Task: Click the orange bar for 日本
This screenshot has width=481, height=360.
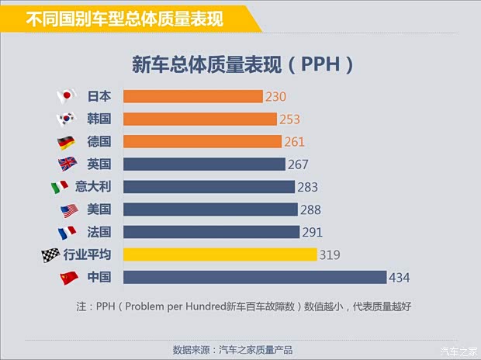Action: pyautogui.click(x=192, y=96)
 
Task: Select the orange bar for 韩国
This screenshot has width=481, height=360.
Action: pyautogui.click(x=199, y=119)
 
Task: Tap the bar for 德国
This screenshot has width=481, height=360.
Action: pyautogui.click(x=202, y=141)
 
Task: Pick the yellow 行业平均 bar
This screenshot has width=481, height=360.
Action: pyautogui.click(x=220, y=254)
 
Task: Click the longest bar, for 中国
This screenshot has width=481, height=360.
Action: pyautogui.click(x=254, y=277)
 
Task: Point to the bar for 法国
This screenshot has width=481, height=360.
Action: pyautogui.click(x=211, y=232)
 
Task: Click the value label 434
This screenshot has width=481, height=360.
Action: pyautogui.click(x=400, y=278)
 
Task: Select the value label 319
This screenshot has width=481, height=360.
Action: pyautogui.click(x=330, y=254)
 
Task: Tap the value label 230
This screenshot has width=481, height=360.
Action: pyautogui.click(x=276, y=97)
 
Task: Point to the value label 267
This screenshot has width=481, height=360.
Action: pyautogui.click(x=298, y=164)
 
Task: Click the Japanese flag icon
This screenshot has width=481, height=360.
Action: pyautogui.click(x=66, y=96)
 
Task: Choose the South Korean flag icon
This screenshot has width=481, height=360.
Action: pyautogui.click(x=66, y=119)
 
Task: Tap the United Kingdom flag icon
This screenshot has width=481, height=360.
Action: pyautogui.click(x=66, y=164)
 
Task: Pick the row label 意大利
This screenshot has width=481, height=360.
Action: pyautogui.click(x=93, y=187)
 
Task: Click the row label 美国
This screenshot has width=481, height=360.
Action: pyautogui.click(x=99, y=209)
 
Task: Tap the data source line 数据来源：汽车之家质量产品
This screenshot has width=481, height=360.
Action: pyautogui.click(x=233, y=350)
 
